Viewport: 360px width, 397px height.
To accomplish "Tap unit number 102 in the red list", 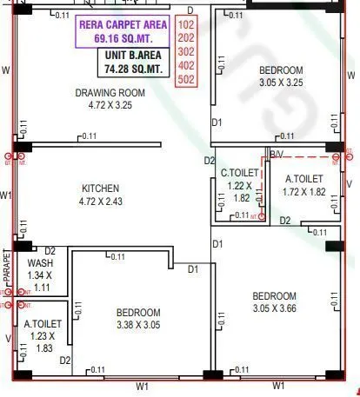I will point(186,25).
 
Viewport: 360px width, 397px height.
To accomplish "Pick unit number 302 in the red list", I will point(186,52).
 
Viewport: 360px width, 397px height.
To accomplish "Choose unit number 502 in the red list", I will point(186,79).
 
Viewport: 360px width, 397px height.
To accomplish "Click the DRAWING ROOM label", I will point(109,93).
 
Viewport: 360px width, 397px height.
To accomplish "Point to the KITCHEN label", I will point(101,189).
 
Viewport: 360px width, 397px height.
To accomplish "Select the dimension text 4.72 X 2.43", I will point(101,202).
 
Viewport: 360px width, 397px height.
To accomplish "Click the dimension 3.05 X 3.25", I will point(280,83).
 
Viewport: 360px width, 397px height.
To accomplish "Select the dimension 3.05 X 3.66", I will point(275,308).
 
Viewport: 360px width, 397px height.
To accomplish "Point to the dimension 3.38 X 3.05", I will point(138,325).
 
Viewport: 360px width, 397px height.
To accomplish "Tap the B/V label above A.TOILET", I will point(277,154).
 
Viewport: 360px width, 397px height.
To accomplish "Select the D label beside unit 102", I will point(190,10).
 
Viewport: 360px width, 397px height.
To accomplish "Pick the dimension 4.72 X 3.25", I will point(109,106).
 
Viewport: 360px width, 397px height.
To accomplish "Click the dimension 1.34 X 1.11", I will point(40,281).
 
